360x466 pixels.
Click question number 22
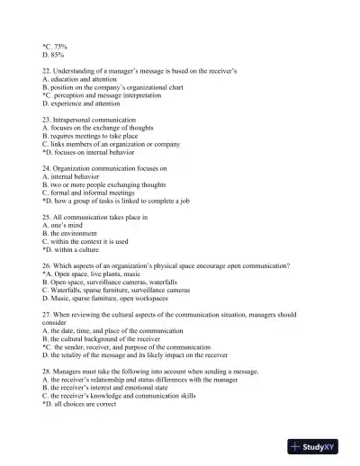tap(47, 71)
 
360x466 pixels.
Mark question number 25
tap(47, 217)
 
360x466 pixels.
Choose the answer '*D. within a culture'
tap(76, 249)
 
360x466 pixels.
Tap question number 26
tap(47, 266)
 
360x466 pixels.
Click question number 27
tap(47, 315)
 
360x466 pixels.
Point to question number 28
tap(47, 372)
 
